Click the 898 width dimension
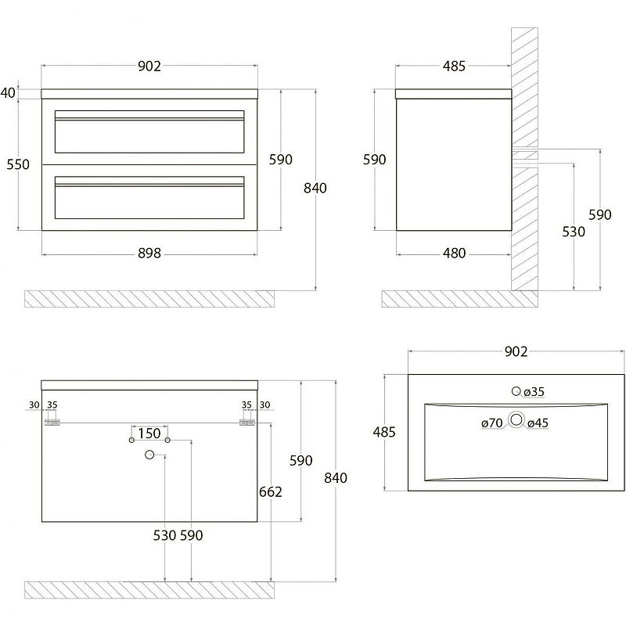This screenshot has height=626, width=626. (x=149, y=254)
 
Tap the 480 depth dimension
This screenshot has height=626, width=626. (x=454, y=254)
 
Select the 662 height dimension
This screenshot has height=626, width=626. (x=270, y=491)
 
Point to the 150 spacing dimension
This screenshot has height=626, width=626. (x=149, y=434)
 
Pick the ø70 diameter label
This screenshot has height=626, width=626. (x=492, y=423)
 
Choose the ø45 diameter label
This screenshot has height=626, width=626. (x=538, y=423)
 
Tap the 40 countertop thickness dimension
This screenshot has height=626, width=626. (x=8, y=93)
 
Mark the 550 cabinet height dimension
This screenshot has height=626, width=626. (x=17, y=164)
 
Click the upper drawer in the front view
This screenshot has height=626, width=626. (x=149, y=131)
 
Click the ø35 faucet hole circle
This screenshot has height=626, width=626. (x=516, y=391)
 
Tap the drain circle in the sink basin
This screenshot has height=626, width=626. (x=516, y=420)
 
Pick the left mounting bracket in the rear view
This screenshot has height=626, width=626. (x=52, y=421)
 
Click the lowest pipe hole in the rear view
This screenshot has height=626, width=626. (x=149, y=455)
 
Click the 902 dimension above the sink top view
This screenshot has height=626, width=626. (x=516, y=352)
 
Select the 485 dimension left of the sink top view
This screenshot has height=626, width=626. (x=384, y=432)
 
